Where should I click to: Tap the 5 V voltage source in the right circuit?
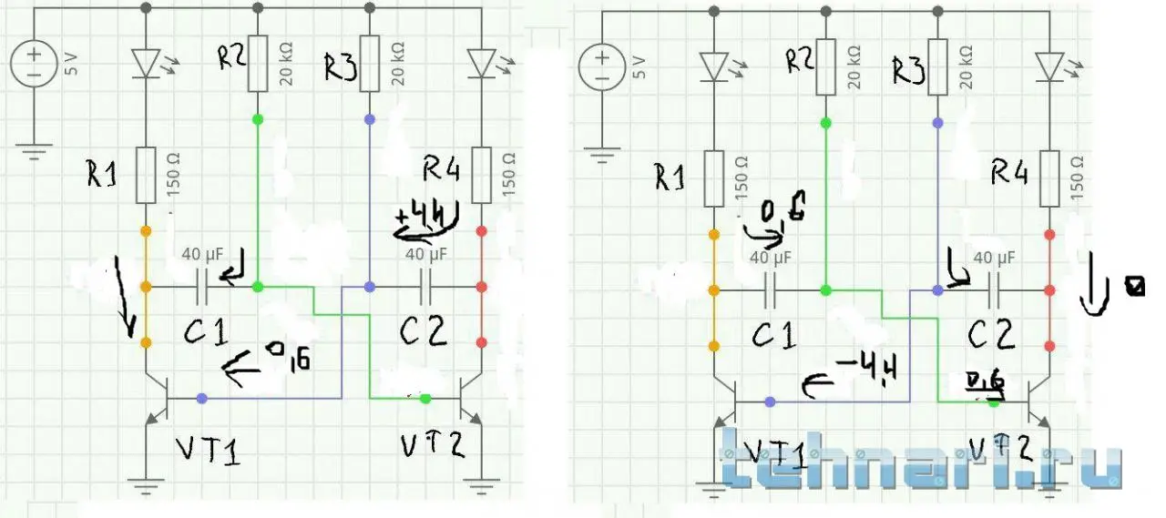(x=602, y=68)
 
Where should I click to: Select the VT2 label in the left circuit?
(x=433, y=445)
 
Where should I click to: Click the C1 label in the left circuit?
(x=208, y=334)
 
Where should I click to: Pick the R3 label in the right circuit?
(x=907, y=70)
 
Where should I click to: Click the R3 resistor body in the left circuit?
(x=369, y=64)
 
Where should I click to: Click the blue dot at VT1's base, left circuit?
(x=201, y=398)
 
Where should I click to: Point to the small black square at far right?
(x=1134, y=289)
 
